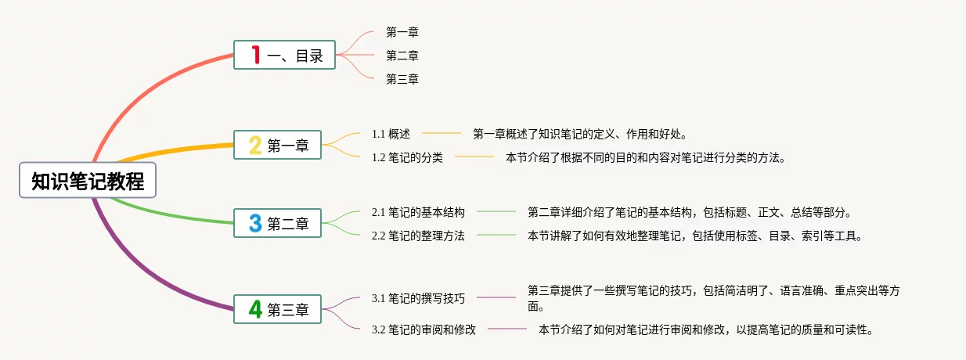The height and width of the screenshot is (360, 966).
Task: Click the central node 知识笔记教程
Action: (x=88, y=181)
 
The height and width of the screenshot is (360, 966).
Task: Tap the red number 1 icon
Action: (x=255, y=55)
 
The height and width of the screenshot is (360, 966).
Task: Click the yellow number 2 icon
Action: (x=255, y=145)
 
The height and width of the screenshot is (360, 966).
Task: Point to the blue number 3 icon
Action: (x=255, y=223)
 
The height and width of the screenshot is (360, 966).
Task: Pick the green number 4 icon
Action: (x=255, y=309)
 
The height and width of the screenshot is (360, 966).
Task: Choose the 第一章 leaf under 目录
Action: (x=402, y=32)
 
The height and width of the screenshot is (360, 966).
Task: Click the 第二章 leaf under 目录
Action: (x=402, y=56)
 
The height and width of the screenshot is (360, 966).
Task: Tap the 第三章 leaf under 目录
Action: (x=402, y=79)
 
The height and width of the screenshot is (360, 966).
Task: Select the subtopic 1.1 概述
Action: (x=391, y=134)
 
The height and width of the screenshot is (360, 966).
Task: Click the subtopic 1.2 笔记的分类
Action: (x=407, y=157)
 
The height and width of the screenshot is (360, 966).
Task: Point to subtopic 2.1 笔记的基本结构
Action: (x=418, y=212)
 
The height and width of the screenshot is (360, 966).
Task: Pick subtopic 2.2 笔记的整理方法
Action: (x=418, y=236)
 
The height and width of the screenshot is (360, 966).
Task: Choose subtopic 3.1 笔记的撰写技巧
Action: (x=418, y=298)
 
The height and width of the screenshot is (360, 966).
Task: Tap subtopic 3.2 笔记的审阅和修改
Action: (x=424, y=329)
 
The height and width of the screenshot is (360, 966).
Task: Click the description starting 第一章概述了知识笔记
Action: (x=579, y=134)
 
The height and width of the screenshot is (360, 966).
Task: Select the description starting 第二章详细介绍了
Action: (x=689, y=212)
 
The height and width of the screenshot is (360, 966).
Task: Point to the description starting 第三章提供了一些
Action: (x=712, y=298)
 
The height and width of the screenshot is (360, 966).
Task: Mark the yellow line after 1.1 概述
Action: (x=442, y=134)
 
